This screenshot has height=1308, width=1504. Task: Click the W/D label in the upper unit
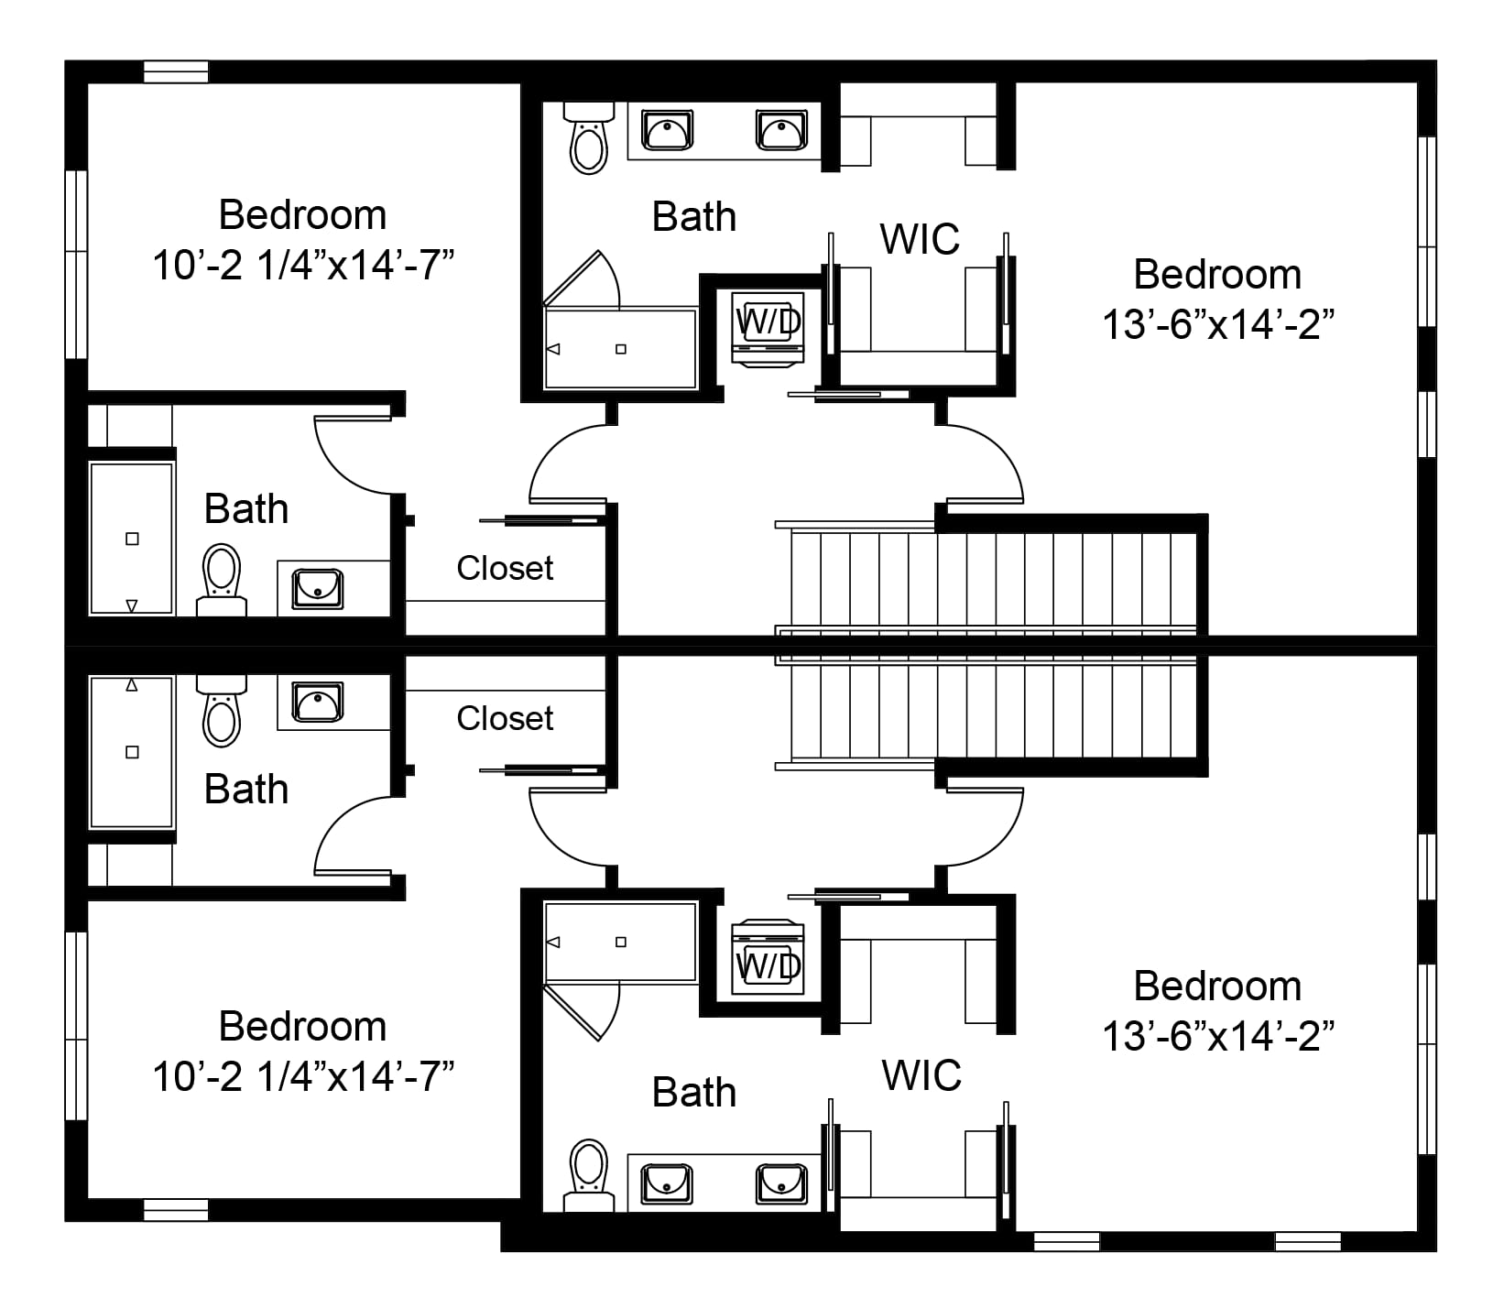coord(769,321)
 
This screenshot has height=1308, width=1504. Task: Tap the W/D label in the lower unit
coord(769,965)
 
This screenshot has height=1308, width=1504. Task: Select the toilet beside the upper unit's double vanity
coord(588,137)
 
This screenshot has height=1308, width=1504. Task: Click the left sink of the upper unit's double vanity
coord(667,130)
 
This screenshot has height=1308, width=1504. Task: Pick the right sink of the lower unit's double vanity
coord(781,1183)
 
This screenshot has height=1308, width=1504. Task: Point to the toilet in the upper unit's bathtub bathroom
coord(222,580)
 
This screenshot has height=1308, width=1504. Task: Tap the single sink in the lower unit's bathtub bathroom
coord(318,702)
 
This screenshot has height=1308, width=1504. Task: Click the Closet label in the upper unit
coord(505,568)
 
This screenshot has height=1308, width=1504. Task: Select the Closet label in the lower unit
coord(505,718)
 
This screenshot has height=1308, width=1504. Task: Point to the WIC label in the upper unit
coord(920,239)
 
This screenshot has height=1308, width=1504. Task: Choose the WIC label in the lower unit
coord(921,1075)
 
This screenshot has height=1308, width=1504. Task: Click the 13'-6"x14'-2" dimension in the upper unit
coord(1217,324)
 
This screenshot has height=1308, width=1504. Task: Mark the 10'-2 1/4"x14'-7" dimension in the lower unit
coord(303,1076)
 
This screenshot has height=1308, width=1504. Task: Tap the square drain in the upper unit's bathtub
coord(132,539)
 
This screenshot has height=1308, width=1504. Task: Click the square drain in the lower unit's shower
coord(621,942)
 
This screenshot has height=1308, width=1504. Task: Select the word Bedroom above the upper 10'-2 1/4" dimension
coord(302,215)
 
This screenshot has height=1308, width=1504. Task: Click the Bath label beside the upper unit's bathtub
coord(245,509)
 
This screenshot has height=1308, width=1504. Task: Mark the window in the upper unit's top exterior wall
coord(176,71)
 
